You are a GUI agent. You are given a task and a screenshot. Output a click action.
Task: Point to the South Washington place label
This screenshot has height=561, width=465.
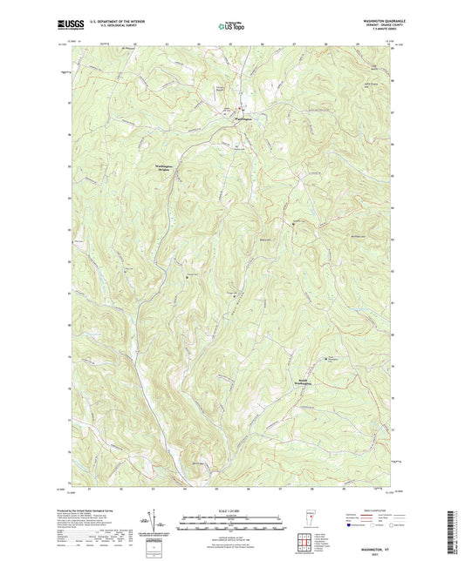point(297,382)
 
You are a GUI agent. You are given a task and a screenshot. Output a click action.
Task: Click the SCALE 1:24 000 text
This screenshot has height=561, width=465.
point(232,510)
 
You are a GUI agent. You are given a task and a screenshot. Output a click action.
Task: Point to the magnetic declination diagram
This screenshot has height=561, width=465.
point(160,524)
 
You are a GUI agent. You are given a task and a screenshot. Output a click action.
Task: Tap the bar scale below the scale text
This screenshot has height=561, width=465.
point(232,526)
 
